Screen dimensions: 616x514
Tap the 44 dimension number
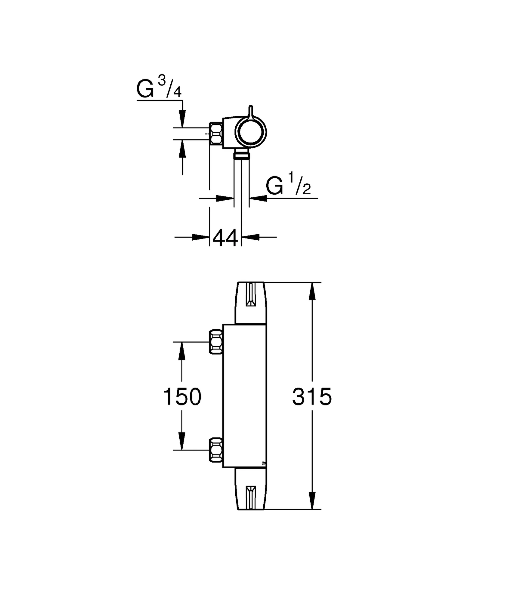point(225,238)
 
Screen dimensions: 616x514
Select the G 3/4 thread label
point(159,88)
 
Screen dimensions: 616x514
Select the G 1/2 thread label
point(288,184)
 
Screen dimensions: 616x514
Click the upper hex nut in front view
point(216,342)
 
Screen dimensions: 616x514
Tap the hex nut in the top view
point(216,134)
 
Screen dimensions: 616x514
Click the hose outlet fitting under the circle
point(242,155)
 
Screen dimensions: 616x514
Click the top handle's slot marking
point(251,295)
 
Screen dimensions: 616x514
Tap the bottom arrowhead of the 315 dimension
point(312,501)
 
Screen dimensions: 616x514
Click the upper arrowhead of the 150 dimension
point(181,351)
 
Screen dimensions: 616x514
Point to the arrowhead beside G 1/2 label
point(258,198)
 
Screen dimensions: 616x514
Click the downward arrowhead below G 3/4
point(182,119)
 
